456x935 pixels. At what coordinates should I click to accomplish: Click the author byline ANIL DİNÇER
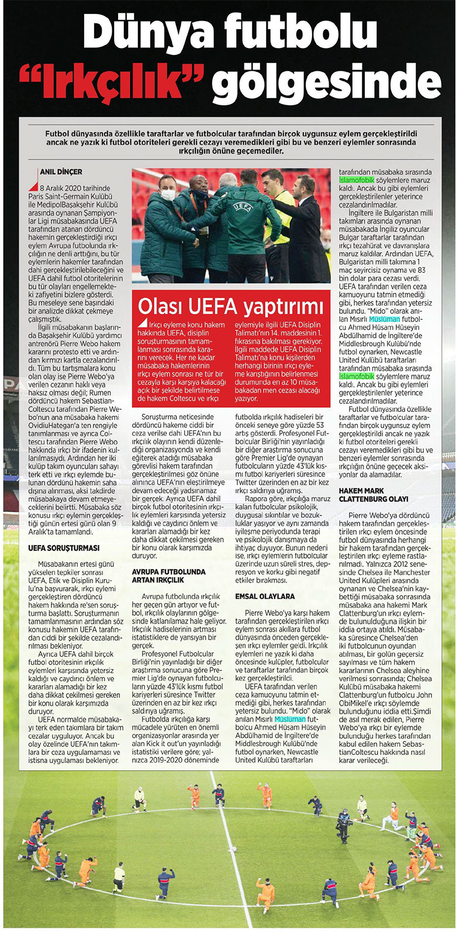click(x=61, y=172)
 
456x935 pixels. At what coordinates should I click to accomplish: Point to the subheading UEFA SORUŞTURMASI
click(x=64, y=548)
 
